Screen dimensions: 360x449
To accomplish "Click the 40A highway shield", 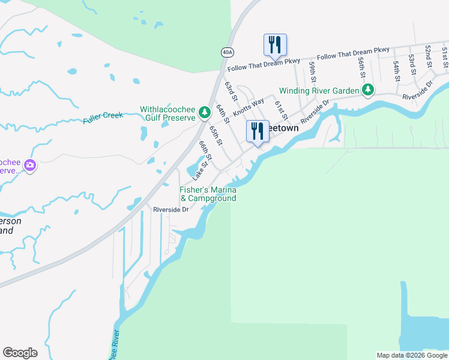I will pyautogui.click(x=226, y=52).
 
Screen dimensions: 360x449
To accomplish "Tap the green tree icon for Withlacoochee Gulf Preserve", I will pyautogui.click(x=205, y=112).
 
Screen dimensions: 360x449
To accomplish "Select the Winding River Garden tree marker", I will pyautogui.click(x=368, y=91).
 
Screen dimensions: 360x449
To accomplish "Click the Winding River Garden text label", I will pyautogui.click(x=319, y=91).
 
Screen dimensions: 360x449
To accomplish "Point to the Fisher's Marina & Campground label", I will pyautogui.click(x=208, y=194).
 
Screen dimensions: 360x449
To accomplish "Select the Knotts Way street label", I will pyautogui.click(x=249, y=107).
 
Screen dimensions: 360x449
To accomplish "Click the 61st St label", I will pyautogui.click(x=280, y=109).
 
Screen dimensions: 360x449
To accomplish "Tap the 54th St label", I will pyautogui.click(x=397, y=70).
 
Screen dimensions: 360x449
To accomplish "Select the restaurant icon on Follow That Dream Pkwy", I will pyautogui.click(x=275, y=44).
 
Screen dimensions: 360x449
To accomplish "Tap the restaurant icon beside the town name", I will pyautogui.click(x=258, y=131).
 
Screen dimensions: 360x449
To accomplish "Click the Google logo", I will pyautogui.click(x=20, y=353).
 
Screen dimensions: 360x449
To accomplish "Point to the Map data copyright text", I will pyautogui.click(x=411, y=355).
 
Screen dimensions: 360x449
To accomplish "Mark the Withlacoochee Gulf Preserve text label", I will pyautogui.click(x=168, y=114).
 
